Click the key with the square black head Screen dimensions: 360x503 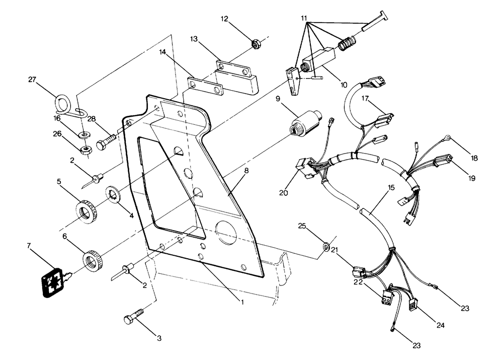pos(52,280)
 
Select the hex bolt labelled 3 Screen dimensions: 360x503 pos(133,319)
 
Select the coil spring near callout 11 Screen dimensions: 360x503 pos(345,43)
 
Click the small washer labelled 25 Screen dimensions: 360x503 pos(326,247)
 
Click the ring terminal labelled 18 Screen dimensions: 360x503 pos(446,135)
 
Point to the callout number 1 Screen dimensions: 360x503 pos(242,303)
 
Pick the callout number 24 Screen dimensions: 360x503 pos(441,326)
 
